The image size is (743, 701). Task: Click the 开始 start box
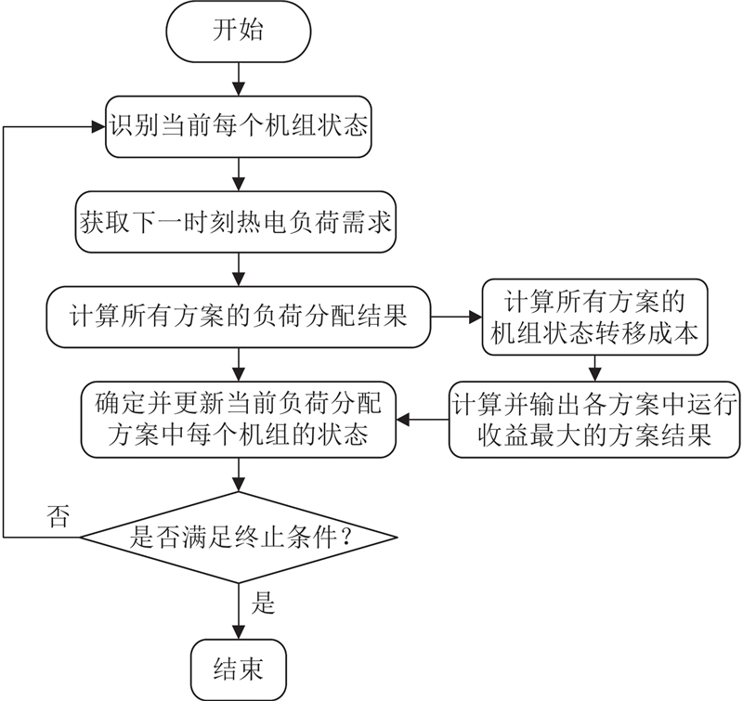tap(241, 31)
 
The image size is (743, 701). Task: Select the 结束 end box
tap(241, 668)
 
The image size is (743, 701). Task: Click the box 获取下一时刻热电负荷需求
tap(241, 223)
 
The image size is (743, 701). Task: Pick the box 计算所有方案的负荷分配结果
tap(241, 316)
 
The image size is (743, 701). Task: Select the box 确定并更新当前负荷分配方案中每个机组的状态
tap(241, 421)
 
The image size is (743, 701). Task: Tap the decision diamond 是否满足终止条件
tap(241, 536)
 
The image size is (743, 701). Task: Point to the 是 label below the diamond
tap(264, 604)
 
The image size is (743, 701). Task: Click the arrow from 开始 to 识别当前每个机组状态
tap(241, 77)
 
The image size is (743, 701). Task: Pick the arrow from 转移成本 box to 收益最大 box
tap(595, 365)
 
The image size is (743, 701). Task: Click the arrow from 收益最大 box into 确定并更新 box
tap(424, 421)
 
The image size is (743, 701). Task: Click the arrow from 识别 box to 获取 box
tap(241, 175)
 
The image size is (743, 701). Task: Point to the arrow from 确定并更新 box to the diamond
tap(241, 479)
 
